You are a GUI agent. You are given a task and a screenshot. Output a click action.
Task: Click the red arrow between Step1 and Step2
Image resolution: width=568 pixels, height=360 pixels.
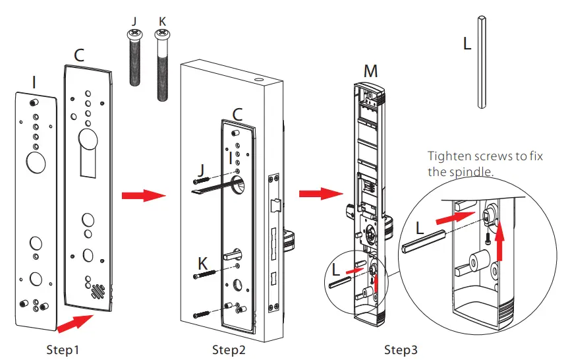[x=142, y=196]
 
